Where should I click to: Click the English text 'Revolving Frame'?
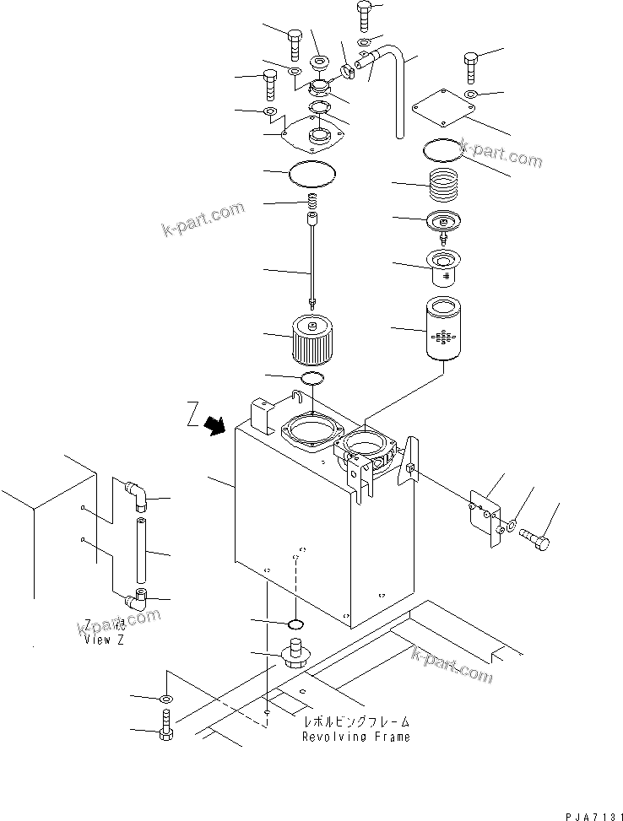(x=356, y=737)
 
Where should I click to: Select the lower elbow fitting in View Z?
(x=136, y=600)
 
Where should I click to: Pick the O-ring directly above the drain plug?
(x=295, y=624)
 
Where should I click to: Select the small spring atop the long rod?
(x=312, y=203)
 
